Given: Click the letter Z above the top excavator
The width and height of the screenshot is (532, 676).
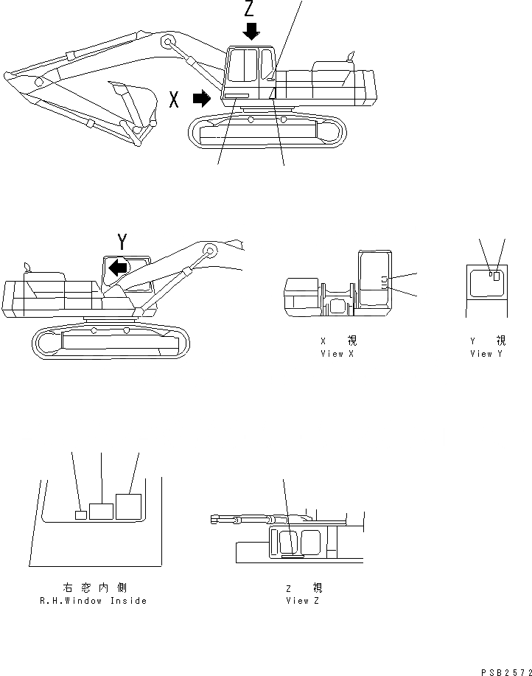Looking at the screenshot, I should point(251,9).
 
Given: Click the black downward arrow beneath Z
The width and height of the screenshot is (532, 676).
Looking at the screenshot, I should point(251,31).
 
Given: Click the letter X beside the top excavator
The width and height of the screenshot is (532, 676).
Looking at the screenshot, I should point(174,100).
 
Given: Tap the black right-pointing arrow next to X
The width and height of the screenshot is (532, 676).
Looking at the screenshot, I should point(200,99).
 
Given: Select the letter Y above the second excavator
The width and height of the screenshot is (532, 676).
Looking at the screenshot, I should point(122,241).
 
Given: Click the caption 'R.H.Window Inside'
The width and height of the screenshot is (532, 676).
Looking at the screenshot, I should point(93,601).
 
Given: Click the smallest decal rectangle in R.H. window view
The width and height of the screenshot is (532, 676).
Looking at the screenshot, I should point(81,515).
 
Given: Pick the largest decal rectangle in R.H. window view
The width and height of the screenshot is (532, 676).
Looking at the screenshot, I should point(128,507).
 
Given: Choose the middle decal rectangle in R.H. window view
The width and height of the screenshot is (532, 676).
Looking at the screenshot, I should point(101,511).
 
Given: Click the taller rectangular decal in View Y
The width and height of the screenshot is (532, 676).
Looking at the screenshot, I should point(497,276).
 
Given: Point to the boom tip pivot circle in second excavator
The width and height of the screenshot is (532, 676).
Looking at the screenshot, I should point(210,251).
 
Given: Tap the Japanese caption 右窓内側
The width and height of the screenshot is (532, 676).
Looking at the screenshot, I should point(94,588).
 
